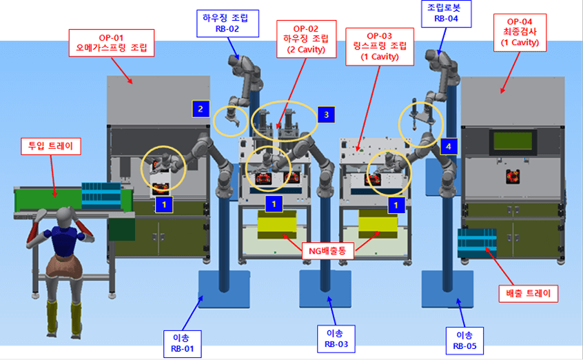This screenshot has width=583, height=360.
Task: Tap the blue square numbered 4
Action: coord(449,146)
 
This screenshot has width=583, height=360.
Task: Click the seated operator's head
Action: coord(66,216)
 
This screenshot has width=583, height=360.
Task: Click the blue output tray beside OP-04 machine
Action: coord(477,242)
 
